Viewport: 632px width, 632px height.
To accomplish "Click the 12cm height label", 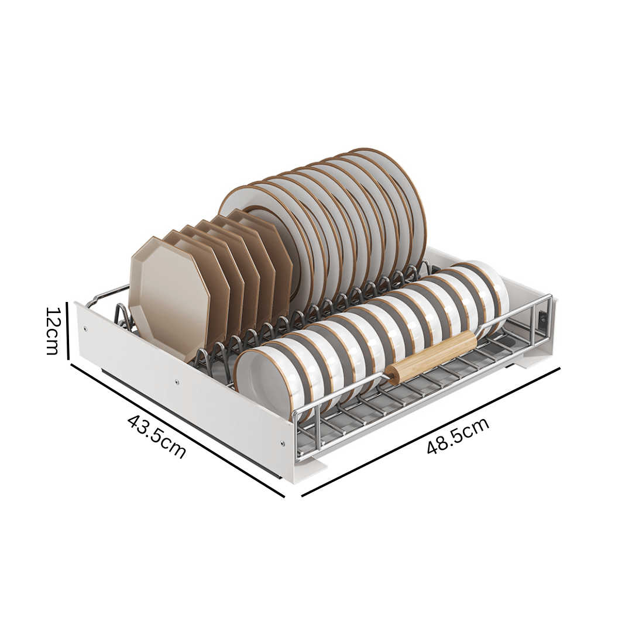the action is [53, 331].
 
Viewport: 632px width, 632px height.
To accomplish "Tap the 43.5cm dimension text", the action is [156, 437].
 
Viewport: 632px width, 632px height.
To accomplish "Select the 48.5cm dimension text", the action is [458, 436].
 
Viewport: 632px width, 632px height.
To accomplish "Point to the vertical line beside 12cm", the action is [68, 329].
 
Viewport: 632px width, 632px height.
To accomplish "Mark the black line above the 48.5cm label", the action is [431, 432].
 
